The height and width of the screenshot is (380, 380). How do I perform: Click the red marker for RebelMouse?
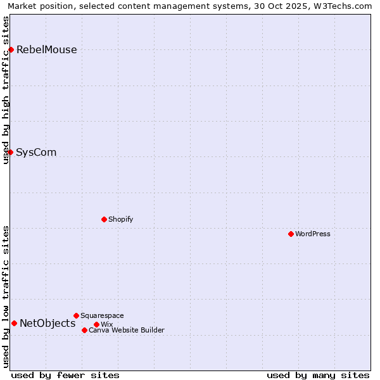pyautogui.click(x=11, y=49)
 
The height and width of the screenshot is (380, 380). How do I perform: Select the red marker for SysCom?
pyautogui.click(x=10, y=152)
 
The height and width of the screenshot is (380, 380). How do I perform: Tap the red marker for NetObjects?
pyautogui.click(x=14, y=323)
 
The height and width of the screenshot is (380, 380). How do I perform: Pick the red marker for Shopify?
pyautogui.click(x=104, y=219)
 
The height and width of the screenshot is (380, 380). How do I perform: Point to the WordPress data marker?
pyautogui.click(x=291, y=234)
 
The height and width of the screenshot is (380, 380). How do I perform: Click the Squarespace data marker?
pyautogui.click(x=76, y=315)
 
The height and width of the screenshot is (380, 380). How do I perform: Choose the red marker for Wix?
pyautogui.click(x=96, y=324)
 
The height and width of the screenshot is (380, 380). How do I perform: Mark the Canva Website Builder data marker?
pyautogui.click(x=84, y=330)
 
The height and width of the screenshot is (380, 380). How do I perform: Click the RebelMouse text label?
pyautogui.click(x=46, y=50)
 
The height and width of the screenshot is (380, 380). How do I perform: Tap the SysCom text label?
pyautogui.click(x=36, y=153)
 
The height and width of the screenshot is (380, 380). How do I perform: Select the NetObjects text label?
pyautogui.click(x=47, y=324)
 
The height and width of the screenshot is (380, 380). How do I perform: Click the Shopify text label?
pyautogui.click(x=120, y=219)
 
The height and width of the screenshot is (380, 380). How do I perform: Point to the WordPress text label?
pyautogui.click(x=313, y=234)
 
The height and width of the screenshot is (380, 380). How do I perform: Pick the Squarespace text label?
pyautogui.click(x=102, y=315)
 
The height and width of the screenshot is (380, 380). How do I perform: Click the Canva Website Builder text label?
pyautogui.click(x=127, y=330)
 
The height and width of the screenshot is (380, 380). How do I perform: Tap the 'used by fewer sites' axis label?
pyautogui.click(x=65, y=375)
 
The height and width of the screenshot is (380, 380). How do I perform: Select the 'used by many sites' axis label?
pyautogui.click(x=318, y=375)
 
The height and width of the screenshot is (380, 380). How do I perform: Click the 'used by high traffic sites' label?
pyautogui.click(x=6, y=90)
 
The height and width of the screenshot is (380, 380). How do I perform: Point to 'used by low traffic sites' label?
pyautogui.click(x=6, y=296)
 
